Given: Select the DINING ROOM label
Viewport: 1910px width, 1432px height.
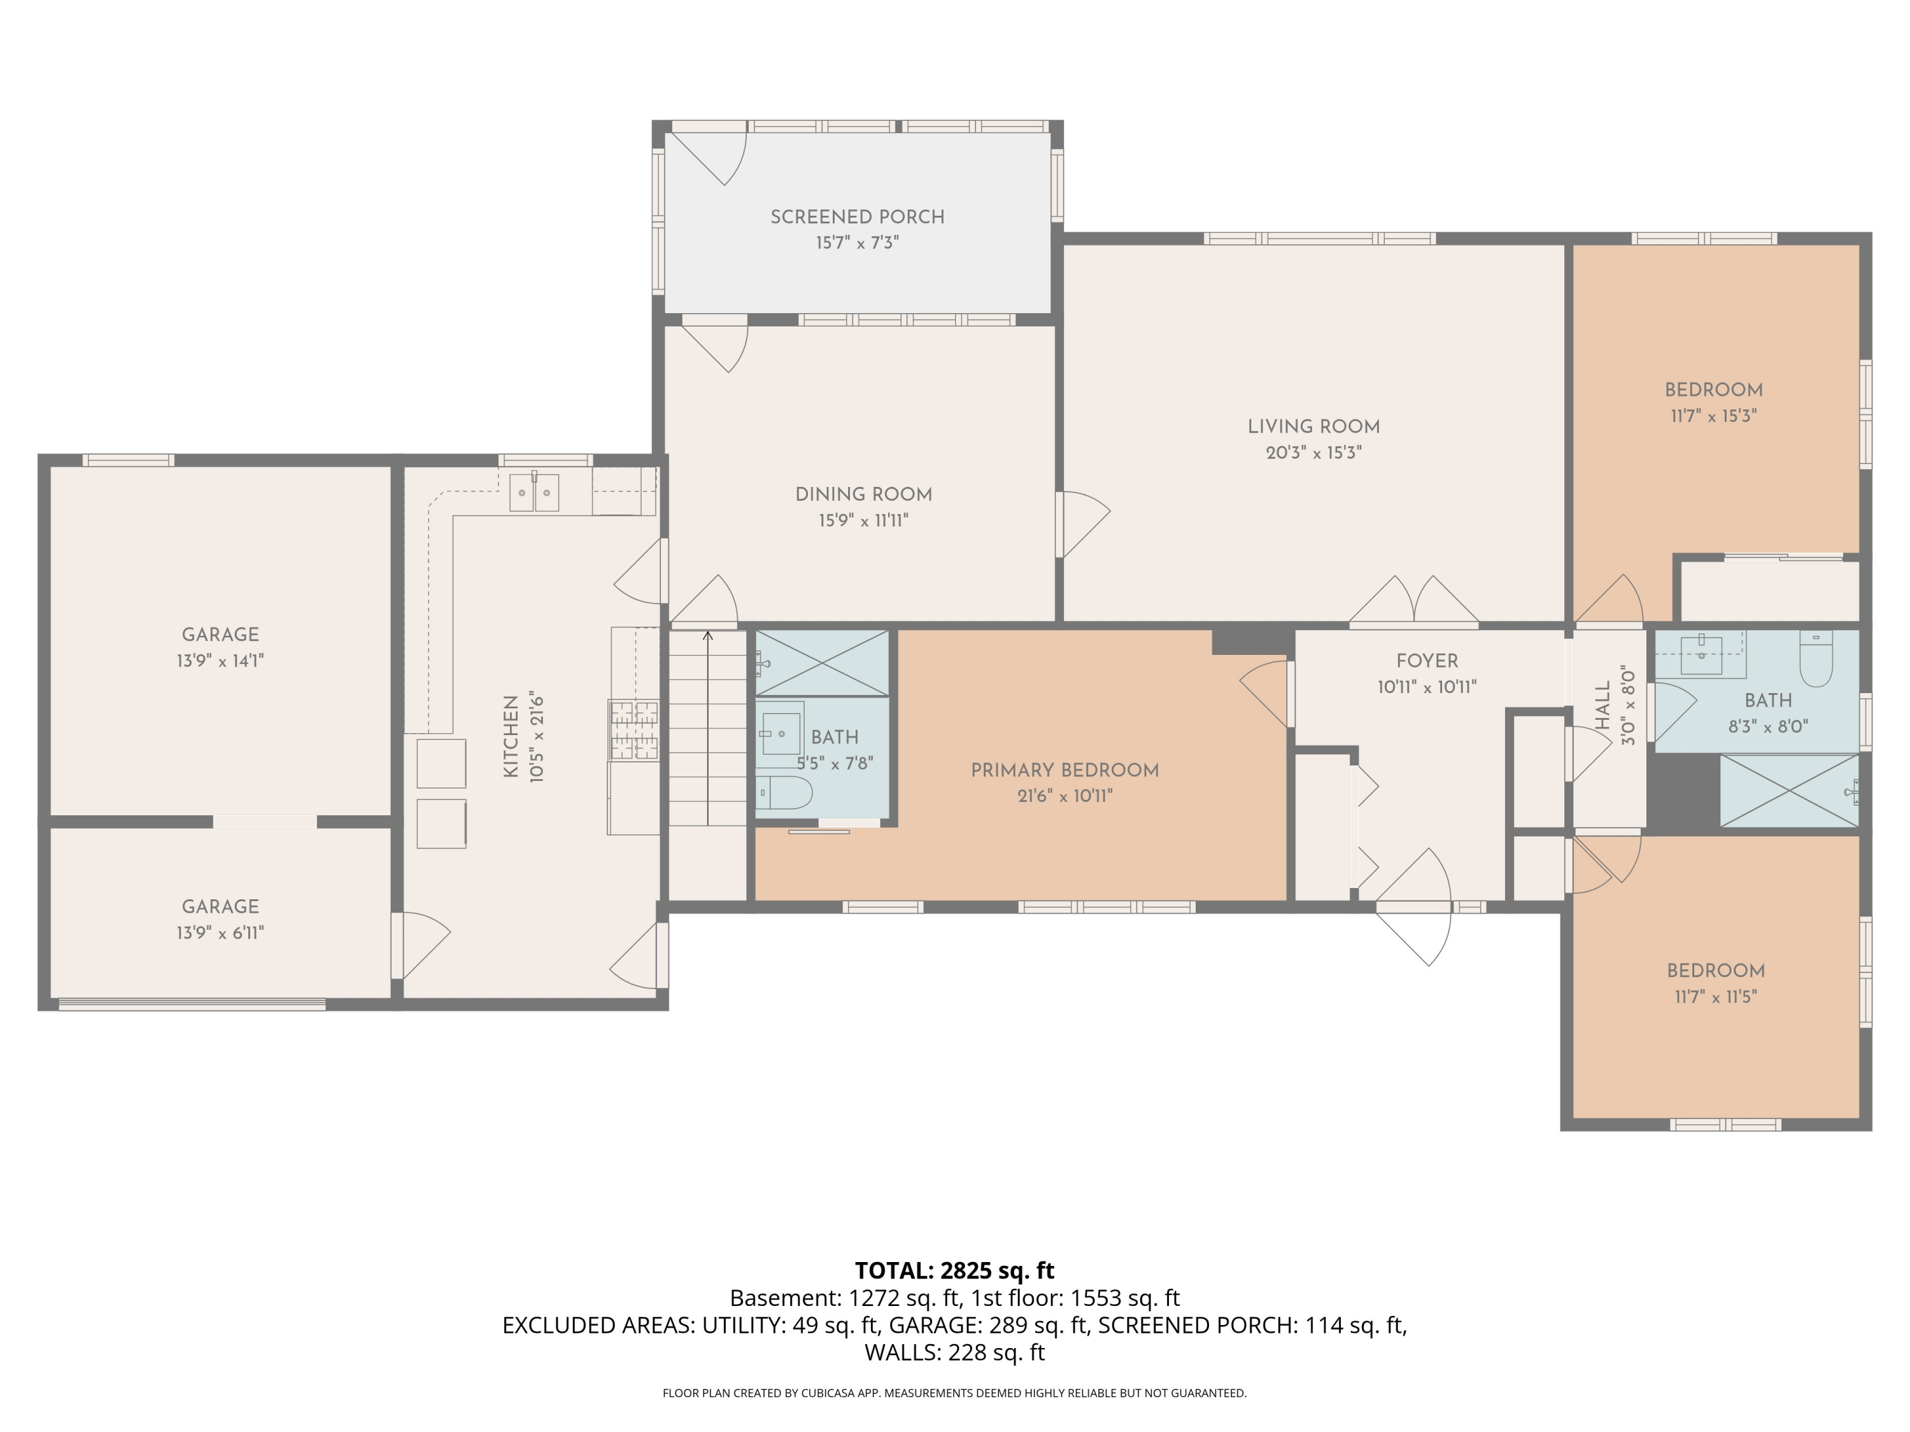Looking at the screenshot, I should coord(863,495).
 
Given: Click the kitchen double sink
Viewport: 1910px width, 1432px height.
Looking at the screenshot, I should coord(534,493).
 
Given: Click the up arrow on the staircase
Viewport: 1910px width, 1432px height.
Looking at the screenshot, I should coord(708,638).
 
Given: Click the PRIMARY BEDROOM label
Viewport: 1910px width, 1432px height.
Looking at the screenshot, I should coord(1064,770).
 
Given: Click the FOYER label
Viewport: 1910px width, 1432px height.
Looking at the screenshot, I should coord(1427,661).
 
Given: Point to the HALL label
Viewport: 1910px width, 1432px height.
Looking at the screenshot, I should coord(1602,705).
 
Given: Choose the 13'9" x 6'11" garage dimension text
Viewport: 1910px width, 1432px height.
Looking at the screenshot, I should coord(220,932).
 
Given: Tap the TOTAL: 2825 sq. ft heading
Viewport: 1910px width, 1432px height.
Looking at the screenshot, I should coord(954,1270).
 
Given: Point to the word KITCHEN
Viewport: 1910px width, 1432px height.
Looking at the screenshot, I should coord(511,736).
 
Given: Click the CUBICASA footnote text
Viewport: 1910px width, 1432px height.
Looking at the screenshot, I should coord(954,1393).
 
